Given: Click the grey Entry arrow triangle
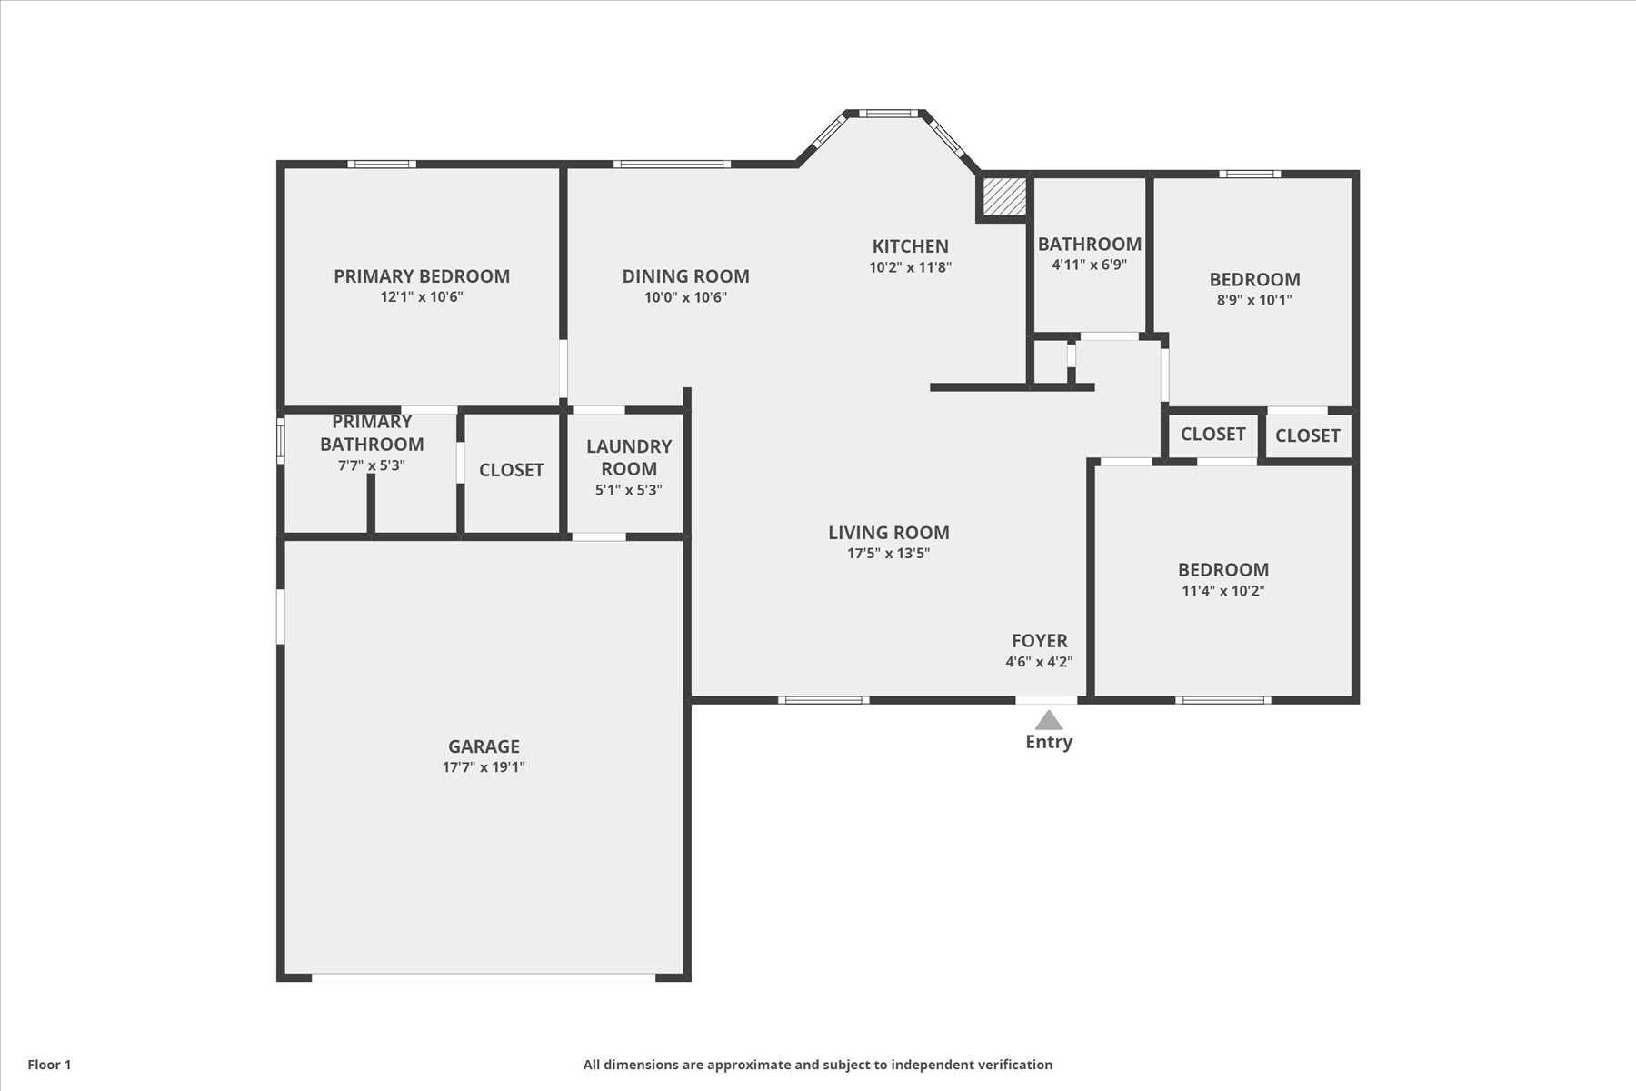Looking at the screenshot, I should [1049, 721].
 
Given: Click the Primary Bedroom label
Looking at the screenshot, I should [422, 276].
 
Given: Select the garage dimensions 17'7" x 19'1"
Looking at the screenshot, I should [484, 767].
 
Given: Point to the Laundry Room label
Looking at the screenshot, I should [629, 457].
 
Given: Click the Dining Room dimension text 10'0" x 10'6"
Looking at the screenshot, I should [685, 297].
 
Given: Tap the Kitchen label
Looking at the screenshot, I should [910, 246].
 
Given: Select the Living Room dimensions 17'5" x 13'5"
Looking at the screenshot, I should [888, 554].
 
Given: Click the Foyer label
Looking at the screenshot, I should [1040, 641].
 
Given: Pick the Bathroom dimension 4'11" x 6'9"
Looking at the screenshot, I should [1089, 265].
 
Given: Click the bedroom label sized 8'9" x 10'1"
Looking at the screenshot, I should [1254, 280].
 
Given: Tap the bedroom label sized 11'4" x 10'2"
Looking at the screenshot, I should [1223, 570].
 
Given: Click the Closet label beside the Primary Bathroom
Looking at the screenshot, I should [512, 470].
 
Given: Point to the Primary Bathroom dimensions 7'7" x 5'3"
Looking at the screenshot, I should [371, 465].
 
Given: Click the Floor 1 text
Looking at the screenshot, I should [49, 1065].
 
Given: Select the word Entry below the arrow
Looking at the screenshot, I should [1049, 742].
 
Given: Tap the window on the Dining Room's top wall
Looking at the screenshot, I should [672, 165].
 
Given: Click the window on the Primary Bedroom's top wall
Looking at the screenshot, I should [382, 165].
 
